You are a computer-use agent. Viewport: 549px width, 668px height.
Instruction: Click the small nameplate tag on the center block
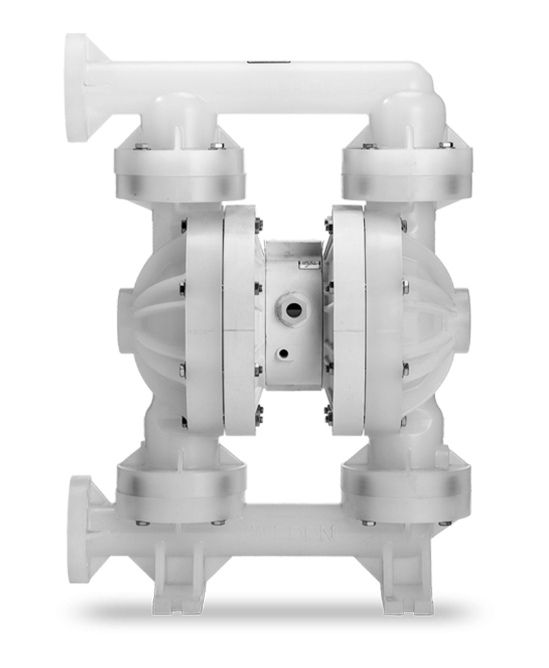[x=309, y=264]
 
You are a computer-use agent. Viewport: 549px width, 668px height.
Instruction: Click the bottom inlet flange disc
[x=79, y=529]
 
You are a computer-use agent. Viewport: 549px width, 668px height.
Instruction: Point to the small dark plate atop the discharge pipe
[x=260, y=60]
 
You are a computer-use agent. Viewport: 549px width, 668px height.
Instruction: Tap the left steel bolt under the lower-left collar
[x=142, y=523]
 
